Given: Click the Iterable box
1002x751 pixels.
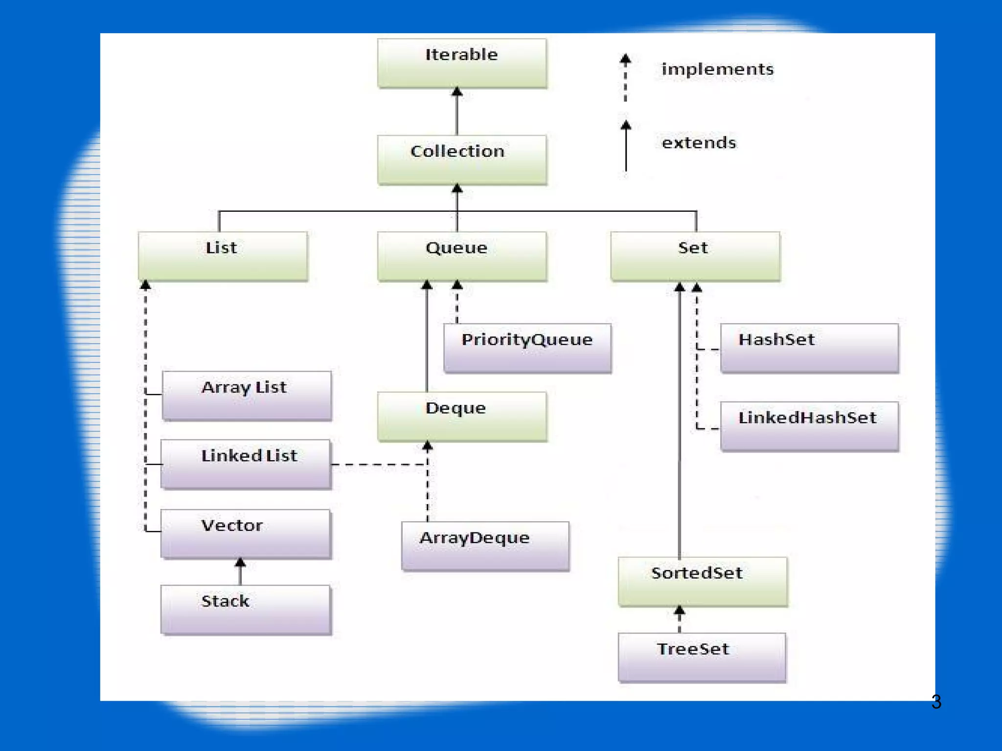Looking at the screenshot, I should click(x=462, y=64).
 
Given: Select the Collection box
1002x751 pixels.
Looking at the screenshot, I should click(x=462, y=160).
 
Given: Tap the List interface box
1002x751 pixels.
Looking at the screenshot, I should click(x=223, y=256).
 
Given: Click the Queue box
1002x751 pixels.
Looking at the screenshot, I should click(x=462, y=256).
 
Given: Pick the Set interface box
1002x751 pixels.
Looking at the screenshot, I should click(x=695, y=256).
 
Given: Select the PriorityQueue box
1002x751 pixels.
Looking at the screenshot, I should click(x=527, y=348).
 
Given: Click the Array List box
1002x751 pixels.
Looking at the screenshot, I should click(x=247, y=396).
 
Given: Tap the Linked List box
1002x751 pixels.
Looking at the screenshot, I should click(x=246, y=464).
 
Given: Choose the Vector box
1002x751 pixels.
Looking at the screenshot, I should click(x=246, y=533).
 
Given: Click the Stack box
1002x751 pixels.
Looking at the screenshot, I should click(x=246, y=609).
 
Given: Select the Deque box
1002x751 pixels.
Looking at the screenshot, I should click(x=462, y=417).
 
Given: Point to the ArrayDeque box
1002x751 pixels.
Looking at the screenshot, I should click(x=485, y=546).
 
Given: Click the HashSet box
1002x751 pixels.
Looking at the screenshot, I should click(x=809, y=348).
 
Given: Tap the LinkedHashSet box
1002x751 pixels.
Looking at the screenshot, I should click(x=809, y=426).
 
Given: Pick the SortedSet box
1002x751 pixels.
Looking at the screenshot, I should click(x=703, y=581).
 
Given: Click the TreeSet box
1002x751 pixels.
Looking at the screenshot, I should click(x=702, y=657).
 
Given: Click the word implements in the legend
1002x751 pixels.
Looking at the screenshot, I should click(x=717, y=69).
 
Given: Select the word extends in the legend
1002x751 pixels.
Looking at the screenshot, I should click(x=699, y=143).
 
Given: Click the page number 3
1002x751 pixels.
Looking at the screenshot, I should click(x=936, y=702).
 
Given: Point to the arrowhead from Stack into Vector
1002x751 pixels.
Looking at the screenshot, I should click(x=240, y=563).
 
